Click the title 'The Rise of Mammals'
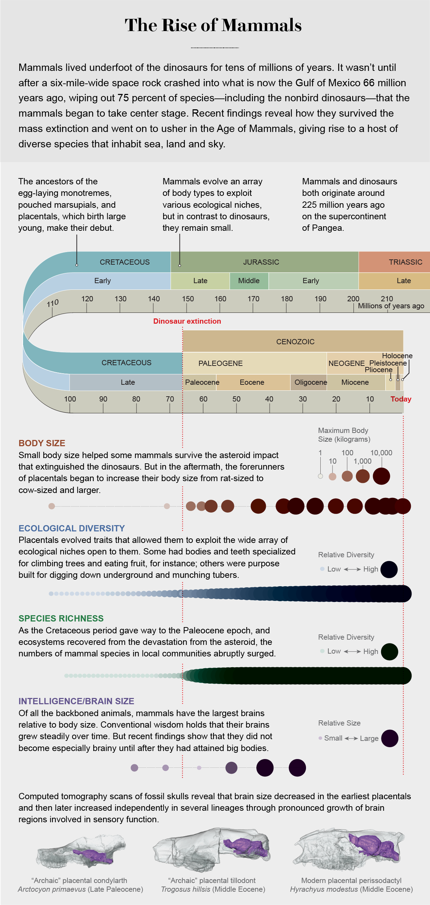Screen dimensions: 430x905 213,25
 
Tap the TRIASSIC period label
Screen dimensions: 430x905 406,262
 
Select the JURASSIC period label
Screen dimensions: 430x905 261,262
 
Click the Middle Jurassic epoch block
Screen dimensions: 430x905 249,281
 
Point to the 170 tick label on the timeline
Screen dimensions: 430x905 253,299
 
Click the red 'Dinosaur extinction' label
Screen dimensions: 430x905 187,321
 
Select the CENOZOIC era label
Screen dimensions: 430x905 295,342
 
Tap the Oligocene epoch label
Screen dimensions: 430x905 311,382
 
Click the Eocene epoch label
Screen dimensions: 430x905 252,382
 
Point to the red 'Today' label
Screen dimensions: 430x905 401,399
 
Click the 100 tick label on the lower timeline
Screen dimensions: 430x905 70,399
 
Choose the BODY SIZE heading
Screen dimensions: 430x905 42,443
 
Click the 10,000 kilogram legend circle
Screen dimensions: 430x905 381,476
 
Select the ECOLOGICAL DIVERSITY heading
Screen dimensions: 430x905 72,528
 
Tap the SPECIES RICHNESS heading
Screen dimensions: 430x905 61,618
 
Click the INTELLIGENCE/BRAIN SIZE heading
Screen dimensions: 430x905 76,701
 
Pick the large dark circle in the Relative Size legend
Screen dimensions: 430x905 389,738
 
